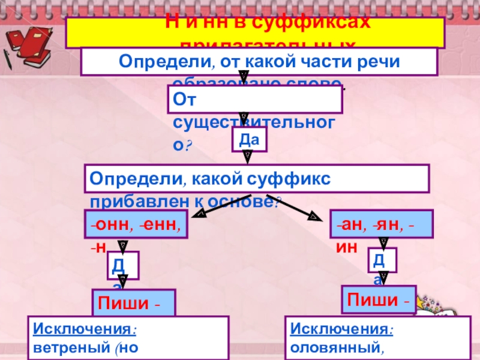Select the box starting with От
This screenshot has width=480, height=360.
click(x=255, y=100)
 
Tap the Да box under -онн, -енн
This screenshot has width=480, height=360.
click(x=122, y=265)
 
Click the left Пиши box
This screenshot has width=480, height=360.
click(x=134, y=303)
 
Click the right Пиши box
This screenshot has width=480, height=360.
click(x=379, y=299)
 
